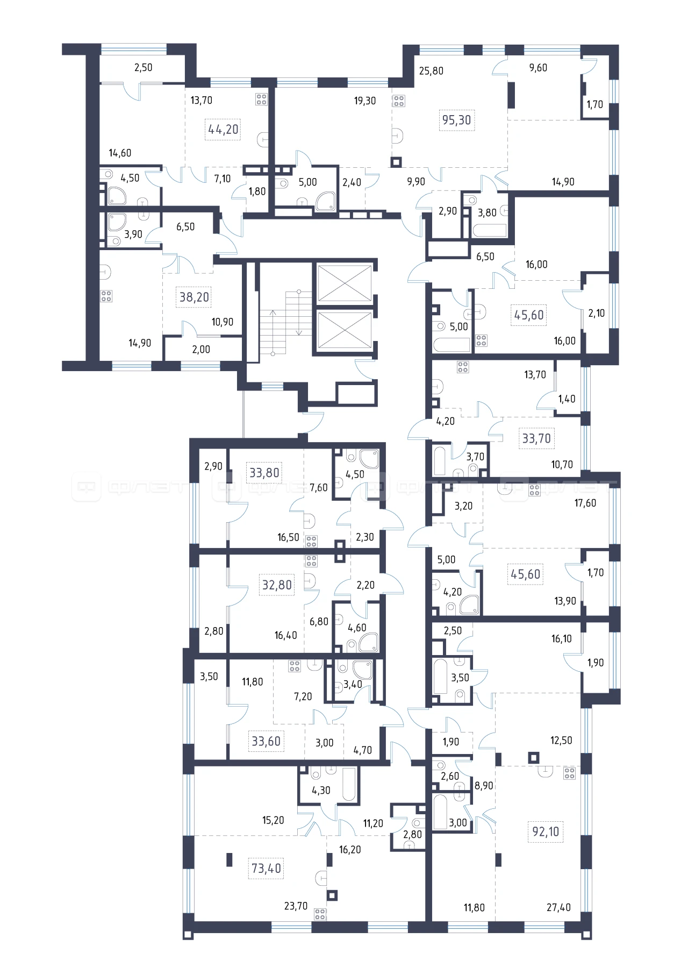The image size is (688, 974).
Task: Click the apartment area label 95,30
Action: coord(456,120)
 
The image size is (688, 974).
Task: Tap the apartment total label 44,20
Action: coord(223,129)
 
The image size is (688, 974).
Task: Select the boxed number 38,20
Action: coord(194,297)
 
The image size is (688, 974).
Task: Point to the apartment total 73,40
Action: coord(266,868)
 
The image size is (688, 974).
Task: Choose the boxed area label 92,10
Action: coord(546,831)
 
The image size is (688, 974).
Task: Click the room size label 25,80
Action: coord(431,71)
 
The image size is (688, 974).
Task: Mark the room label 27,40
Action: coord(558,907)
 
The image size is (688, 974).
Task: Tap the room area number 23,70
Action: coord(296,906)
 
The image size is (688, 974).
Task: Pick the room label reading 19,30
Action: coord(364,101)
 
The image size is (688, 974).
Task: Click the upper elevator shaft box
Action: coord(345,283)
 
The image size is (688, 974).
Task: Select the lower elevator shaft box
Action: coord(345,330)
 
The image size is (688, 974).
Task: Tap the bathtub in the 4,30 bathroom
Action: coord(349,784)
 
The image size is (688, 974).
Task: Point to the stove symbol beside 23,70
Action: coord(320,914)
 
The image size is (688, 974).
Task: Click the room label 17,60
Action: coord(585,503)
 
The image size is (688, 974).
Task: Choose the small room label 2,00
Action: coord(201,350)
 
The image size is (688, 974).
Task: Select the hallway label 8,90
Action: coord(484,786)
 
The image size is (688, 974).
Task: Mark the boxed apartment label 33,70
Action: coord(536,438)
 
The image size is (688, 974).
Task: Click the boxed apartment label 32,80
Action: coord(277,585)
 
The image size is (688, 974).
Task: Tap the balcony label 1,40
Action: coord(567,399)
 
